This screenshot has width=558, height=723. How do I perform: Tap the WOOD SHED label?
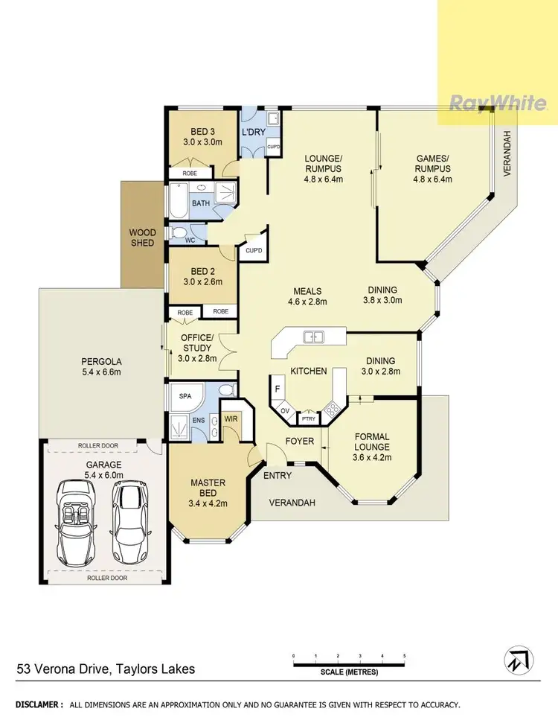tap(142, 238)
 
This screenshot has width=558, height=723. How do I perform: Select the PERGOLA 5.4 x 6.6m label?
tap(101, 367)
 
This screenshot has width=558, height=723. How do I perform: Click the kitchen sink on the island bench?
tap(313, 337)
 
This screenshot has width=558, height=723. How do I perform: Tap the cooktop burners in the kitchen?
tap(333, 410)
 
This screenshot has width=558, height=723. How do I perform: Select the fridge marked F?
tap(278, 389)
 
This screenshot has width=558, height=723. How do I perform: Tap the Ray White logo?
tap(498, 103)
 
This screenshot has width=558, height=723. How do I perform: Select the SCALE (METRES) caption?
tap(349, 672)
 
